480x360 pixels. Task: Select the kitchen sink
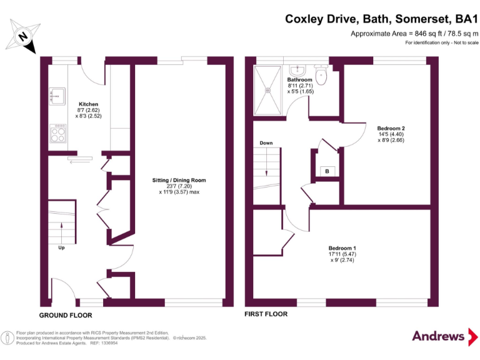[x=57, y=96]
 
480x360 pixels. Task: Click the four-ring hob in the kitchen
[x=58, y=133]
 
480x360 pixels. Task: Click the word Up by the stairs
[x=61, y=247]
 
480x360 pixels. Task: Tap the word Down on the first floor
[x=266, y=143]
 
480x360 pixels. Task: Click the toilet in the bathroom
[x=321, y=76]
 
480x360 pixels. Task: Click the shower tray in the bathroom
[x=269, y=90]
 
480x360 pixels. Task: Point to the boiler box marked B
[x=326, y=171]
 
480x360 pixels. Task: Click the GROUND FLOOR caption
[x=66, y=316]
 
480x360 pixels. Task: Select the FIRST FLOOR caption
[x=266, y=314]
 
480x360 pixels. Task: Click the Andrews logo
[x=439, y=336]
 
